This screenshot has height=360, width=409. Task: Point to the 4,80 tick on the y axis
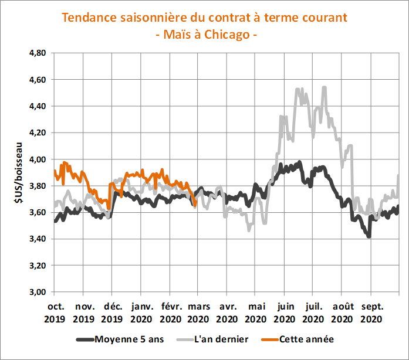pos(37,53)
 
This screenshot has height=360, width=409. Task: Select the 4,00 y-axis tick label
pos(37,159)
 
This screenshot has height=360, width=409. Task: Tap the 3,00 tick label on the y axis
pos(37,292)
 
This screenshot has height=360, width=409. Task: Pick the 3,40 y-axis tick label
pos(37,239)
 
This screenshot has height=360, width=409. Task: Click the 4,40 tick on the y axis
pos(37,106)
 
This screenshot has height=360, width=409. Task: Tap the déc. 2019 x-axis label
pos(112,313)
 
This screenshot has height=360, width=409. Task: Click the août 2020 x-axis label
pos(342,313)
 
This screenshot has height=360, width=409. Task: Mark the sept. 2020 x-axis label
pos(371,313)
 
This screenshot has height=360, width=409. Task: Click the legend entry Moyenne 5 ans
pos(123,339)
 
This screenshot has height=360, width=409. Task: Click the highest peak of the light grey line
pos(324,88)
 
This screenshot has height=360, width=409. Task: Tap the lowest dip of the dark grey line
pos(369,236)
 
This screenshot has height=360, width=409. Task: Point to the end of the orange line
pos(195,205)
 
